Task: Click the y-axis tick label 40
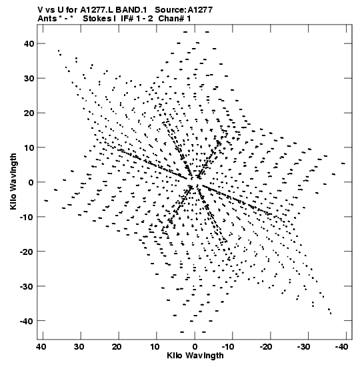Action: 29,43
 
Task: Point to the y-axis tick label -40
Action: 27,321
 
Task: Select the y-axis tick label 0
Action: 31,182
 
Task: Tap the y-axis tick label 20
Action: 29,113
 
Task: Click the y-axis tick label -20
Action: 27,252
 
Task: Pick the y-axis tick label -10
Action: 27,217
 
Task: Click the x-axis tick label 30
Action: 79,347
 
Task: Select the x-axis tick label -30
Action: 303,347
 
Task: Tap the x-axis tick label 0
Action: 195,347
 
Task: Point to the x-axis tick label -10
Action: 228,347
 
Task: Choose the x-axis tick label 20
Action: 117,347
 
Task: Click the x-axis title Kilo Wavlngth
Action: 195,356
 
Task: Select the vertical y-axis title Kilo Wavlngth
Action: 13,181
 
